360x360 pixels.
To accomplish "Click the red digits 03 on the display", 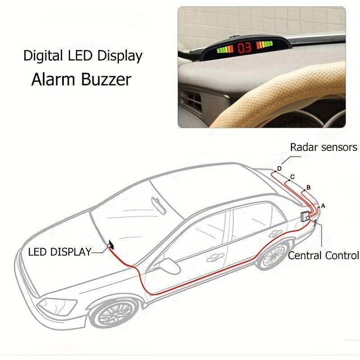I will tap(245, 48).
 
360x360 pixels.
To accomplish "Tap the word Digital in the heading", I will tap(43, 56).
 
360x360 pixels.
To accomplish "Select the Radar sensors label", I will tap(324, 147).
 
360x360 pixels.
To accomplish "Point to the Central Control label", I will tap(324, 256).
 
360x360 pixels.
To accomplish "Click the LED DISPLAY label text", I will tap(59, 252).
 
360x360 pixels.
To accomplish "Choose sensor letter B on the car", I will tap(308, 187).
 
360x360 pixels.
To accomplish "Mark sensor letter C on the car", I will tap(292, 177).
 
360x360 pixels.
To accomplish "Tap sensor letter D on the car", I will tap(279, 168).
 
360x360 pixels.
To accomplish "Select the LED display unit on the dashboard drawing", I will tap(111, 245).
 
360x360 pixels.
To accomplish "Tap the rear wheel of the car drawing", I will tap(273, 256).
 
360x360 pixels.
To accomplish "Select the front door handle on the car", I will tap(216, 257).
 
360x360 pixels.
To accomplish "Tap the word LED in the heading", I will tap(81, 56).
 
